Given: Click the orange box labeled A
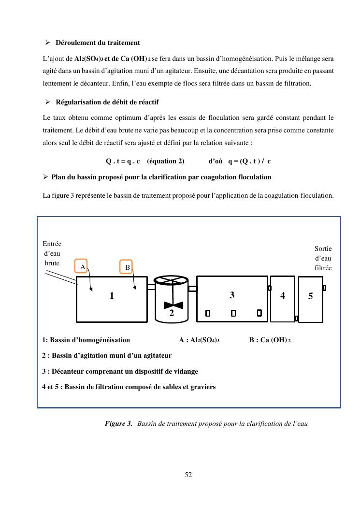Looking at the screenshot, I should (82, 266).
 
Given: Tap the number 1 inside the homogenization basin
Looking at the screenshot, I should (112, 296).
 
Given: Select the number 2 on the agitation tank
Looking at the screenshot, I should (171, 313).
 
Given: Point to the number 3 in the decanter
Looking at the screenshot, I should (232, 295).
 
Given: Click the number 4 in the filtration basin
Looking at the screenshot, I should (283, 296).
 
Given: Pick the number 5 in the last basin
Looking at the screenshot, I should (310, 297).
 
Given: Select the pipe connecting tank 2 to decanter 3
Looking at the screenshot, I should (193, 289).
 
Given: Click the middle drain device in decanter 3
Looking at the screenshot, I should (233, 313).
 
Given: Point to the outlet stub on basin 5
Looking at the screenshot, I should (324, 288).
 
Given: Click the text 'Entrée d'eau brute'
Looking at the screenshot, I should (52, 253).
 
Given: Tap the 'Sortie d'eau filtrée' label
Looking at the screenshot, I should (323, 258).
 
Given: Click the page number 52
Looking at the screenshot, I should (188, 475).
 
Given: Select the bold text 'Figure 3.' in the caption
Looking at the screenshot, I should (118, 423).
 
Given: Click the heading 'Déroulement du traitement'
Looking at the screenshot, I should (98, 43).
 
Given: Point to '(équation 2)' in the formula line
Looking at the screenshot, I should (165, 161).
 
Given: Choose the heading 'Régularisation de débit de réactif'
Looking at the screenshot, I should (107, 102).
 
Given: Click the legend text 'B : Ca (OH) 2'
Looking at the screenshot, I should (270, 340).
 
